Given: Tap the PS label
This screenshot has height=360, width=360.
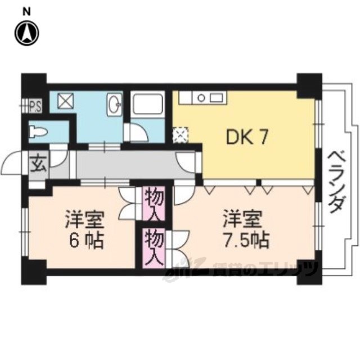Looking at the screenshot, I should (x=35, y=105).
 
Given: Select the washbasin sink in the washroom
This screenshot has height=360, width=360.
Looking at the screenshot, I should (x=115, y=103).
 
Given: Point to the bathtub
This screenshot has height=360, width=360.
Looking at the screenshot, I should (x=148, y=105).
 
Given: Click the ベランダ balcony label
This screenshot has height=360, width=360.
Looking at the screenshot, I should (x=336, y=181).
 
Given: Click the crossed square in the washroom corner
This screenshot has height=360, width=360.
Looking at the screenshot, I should (x=64, y=102).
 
